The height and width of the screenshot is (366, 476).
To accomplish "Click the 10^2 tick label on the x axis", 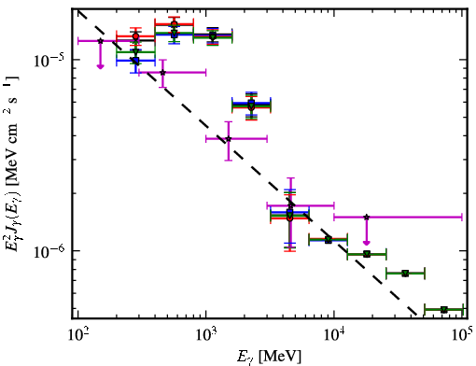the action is pyautogui.click(x=77, y=335).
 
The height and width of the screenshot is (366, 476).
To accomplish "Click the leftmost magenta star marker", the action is pyautogui.click(x=100, y=41).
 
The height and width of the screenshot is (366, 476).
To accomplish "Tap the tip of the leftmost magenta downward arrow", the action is pyautogui.click(x=100, y=68).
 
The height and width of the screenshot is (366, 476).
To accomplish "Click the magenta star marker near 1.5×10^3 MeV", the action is pyautogui.click(x=229, y=139).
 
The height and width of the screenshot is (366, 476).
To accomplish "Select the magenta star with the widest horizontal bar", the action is pyautogui.click(x=367, y=217).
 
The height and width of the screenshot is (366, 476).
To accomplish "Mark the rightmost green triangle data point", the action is pyautogui.click(x=444, y=310).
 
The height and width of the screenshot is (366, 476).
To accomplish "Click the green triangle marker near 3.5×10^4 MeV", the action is pyautogui.click(x=405, y=274).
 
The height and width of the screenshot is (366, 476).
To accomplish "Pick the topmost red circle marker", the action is pyautogui.click(x=175, y=24).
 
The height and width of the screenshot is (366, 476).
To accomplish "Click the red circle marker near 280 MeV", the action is pyautogui.click(x=135, y=36).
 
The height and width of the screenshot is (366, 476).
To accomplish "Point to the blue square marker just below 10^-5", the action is pyautogui.click(x=135, y=61).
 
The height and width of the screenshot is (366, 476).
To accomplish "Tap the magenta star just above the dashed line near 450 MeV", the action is pyautogui.click(x=162, y=73).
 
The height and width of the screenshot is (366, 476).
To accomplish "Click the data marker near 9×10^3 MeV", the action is pyautogui.click(x=328, y=240).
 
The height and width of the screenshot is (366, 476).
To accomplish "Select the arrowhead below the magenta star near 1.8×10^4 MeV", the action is pyautogui.click(x=367, y=242).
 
